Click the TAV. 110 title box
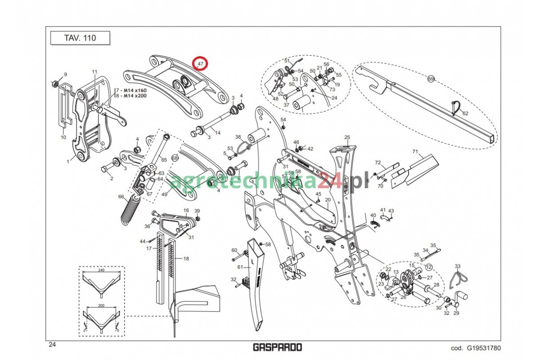80,38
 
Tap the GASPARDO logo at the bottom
277,347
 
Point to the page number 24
52,345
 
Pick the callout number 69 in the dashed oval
431,79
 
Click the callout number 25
347,137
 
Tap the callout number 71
415,152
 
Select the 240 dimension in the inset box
101,270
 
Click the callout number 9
65,74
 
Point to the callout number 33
458,266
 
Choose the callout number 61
240,267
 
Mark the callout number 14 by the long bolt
218,133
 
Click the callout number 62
465,113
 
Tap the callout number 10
63,137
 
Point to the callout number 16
186,210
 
